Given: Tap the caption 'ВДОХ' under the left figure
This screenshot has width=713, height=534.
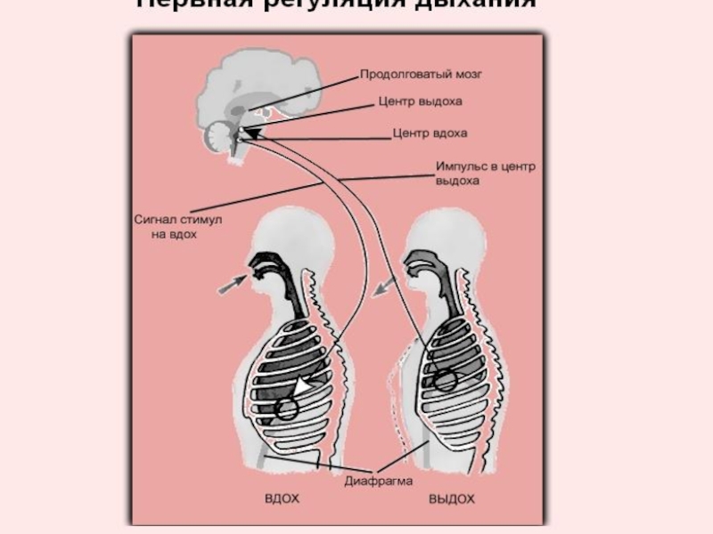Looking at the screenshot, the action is coord(282,499).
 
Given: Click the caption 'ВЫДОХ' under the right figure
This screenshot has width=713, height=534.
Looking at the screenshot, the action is coord(451,499).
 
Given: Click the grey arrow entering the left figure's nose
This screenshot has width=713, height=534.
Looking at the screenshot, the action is coord(234,283).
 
